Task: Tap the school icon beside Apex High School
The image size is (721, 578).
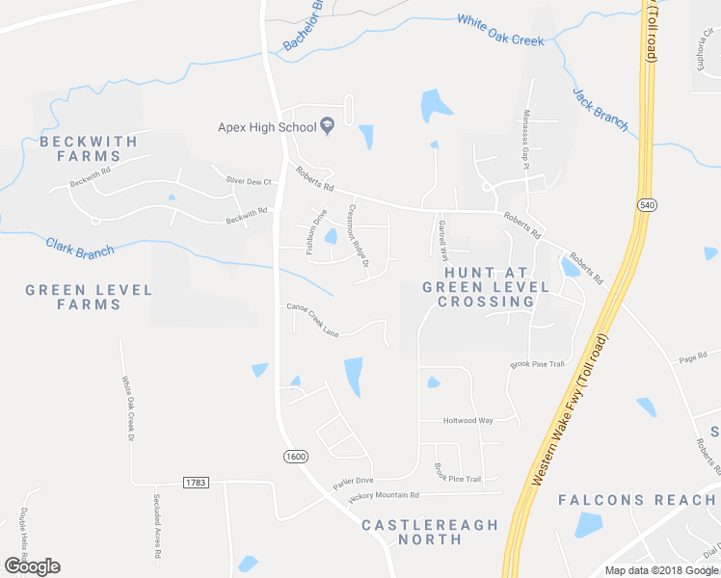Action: click(327, 126)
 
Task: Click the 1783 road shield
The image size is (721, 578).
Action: click(195, 482)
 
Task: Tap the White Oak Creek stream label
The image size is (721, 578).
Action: click(500, 30)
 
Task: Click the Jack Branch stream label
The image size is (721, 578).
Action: click(600, 110)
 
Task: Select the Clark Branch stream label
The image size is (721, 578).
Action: click(80, 247)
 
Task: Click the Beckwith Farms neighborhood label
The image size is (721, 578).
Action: click(89, 148)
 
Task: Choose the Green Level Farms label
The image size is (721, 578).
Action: click(89, 297)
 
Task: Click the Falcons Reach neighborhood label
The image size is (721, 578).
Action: click(636, 499)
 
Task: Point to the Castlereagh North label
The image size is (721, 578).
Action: click(430, 532)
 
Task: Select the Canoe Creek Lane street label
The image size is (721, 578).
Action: click(312, 321)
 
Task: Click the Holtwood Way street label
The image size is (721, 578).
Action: click(467, 421)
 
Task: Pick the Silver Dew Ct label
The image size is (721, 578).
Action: click(248, 180)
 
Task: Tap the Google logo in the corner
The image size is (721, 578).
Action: click(32, 566)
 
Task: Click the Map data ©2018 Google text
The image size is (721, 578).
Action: click(660, 570)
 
